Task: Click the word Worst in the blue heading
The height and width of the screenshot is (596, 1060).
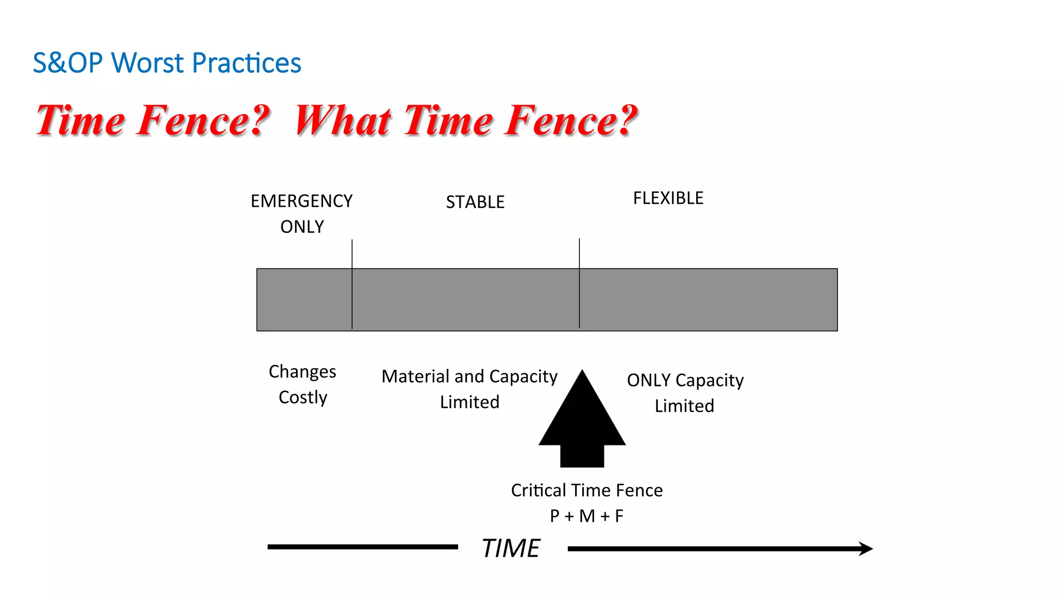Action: (147, 63)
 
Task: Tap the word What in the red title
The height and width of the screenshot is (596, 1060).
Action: (342, 121)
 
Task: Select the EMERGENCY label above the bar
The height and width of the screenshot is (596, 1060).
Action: (301, 201)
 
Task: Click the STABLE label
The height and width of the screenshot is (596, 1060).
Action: (475, 202)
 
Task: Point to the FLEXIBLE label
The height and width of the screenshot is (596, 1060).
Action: (668, 198)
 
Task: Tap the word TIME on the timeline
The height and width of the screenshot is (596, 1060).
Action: (511, 548)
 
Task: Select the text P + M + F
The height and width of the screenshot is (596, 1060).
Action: (586, 516)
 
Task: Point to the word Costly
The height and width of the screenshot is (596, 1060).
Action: (303, 397)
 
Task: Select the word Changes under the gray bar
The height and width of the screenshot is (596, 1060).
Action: (302, 372)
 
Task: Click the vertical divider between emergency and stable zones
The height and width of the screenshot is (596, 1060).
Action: (352, 290)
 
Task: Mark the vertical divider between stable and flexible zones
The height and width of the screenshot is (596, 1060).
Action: (579, 290)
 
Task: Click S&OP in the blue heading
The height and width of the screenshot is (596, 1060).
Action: (67, 63)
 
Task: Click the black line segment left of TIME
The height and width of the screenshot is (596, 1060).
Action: (362, 547)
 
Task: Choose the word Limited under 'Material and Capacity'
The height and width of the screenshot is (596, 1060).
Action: (469, 402)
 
